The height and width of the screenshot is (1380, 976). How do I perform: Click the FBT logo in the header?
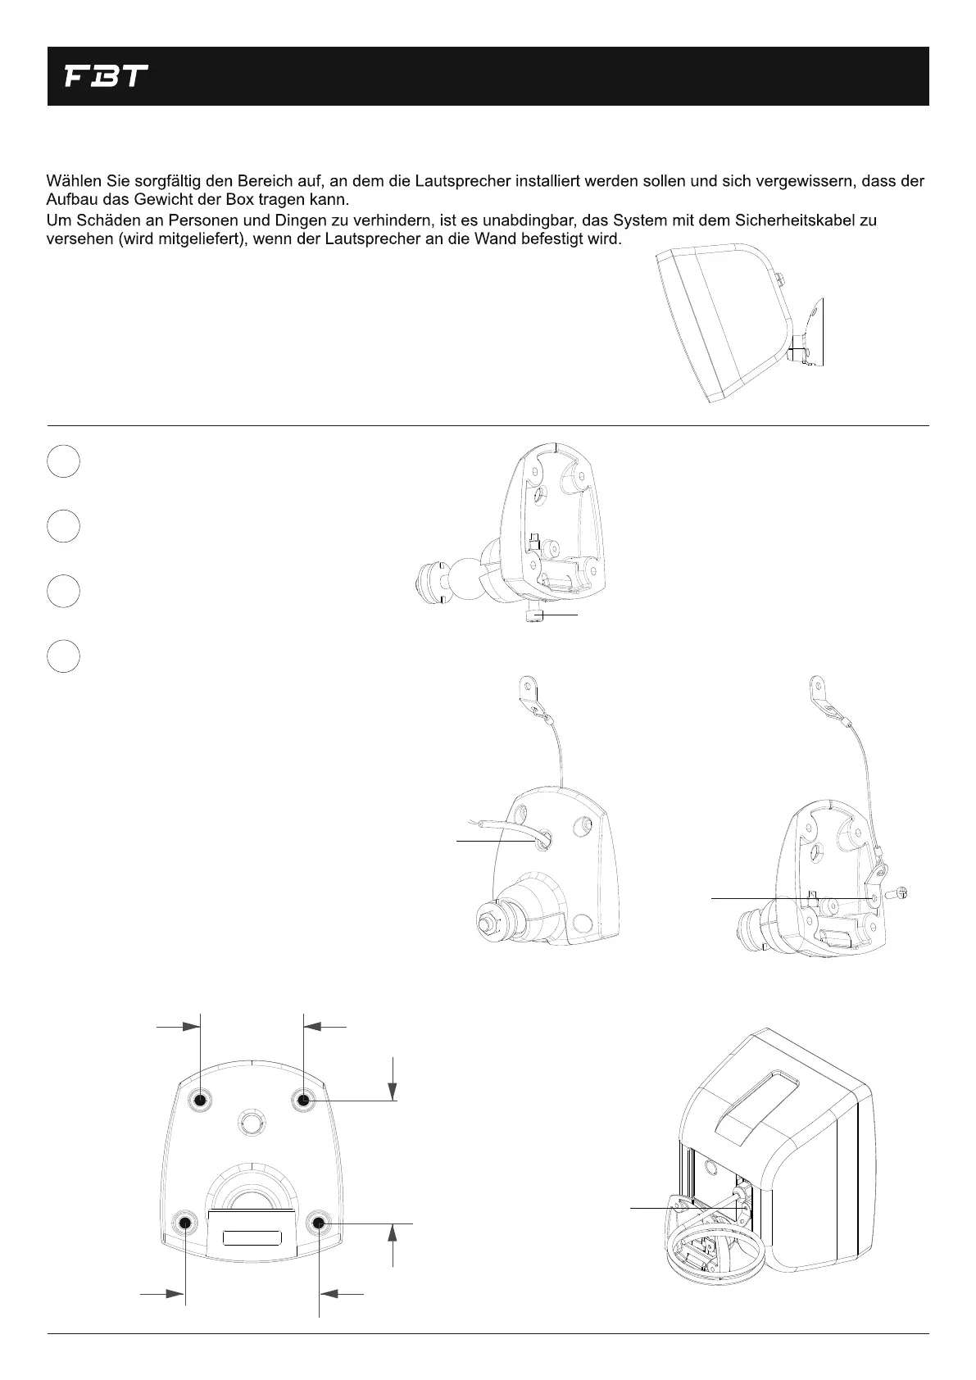click(106, 77)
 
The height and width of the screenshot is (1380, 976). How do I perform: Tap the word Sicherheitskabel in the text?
click(802, 220)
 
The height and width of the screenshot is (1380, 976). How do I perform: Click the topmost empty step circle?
click(63, 461)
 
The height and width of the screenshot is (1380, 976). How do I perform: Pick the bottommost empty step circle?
click(63, 656)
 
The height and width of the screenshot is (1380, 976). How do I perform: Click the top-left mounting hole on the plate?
click(200, 1100)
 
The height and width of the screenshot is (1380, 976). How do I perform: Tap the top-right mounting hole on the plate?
click(303, 1099)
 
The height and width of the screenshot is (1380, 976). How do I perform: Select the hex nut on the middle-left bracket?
click(485, 924)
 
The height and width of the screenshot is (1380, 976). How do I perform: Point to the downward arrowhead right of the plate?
click(394, 1091)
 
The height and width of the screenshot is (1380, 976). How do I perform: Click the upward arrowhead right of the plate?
click(394, 1234)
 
